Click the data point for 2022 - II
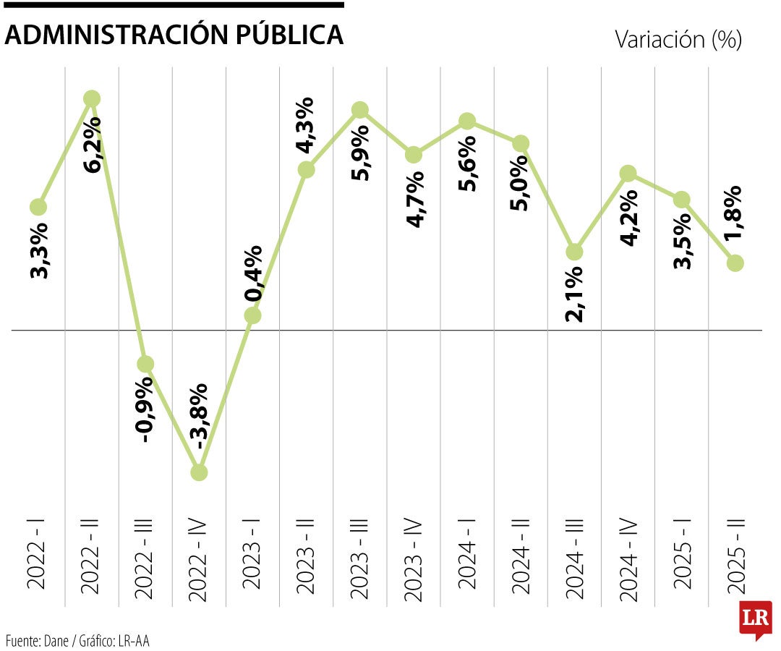92,98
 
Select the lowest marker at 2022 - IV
199,472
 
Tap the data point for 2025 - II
735,263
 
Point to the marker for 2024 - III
574,252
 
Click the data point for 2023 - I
252,315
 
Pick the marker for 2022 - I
38,208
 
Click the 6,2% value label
93,144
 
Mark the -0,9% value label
145,409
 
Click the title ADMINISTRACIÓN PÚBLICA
174,34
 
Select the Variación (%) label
678,39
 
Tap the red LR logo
755,618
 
